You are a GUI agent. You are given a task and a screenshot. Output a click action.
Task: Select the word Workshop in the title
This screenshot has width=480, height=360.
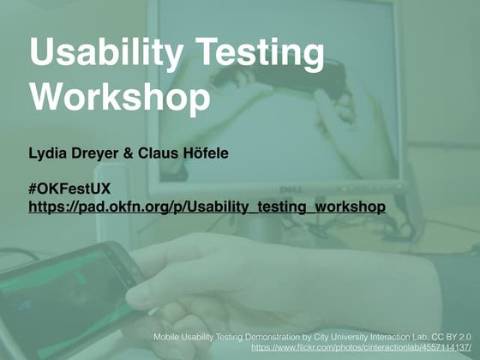click(x=119, y=96)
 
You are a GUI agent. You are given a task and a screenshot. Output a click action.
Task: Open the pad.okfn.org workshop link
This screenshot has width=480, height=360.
click(x=207, y=207)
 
